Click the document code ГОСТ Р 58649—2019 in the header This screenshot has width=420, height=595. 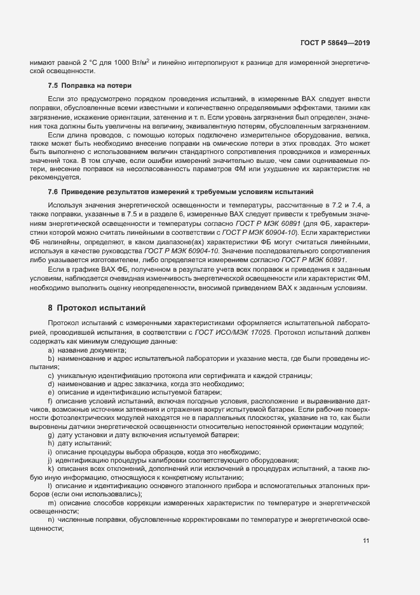pos(334,43)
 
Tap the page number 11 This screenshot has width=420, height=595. pos(366,541)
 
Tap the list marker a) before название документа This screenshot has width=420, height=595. pos(50,351)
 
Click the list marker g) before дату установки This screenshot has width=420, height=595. pos(50,435)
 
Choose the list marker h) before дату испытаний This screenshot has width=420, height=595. pos(50,443)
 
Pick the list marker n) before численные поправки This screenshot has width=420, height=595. pos(50,521)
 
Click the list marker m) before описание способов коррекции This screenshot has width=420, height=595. pos(51,503)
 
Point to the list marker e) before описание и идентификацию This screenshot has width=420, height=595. pos(50,393)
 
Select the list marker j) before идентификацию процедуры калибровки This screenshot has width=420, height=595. pos(50,459)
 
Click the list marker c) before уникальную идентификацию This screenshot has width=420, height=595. pos(50,376)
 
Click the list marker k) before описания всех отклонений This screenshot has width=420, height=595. pos(50,468)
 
